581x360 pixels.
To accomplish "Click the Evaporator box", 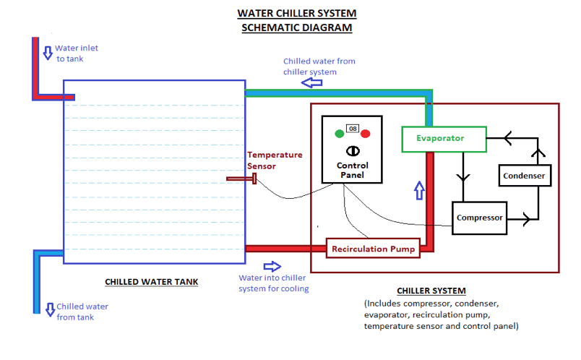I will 440,138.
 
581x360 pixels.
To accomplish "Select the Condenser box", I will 523,176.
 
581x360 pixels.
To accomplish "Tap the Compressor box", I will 480,218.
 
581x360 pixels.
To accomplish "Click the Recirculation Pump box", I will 373,249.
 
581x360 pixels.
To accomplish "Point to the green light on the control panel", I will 339,133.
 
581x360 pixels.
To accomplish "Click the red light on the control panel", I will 366,133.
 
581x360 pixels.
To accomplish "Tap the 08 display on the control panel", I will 353,129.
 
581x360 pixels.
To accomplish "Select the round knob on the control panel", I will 353,150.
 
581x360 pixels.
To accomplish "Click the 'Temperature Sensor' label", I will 275,160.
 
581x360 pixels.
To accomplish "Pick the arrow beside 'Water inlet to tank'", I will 48,53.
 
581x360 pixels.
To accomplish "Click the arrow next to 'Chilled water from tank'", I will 48,310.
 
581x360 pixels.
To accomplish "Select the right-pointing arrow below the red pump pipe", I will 272,267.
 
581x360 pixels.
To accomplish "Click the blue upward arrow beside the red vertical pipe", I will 418,190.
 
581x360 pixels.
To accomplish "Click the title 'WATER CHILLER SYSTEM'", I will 297,14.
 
